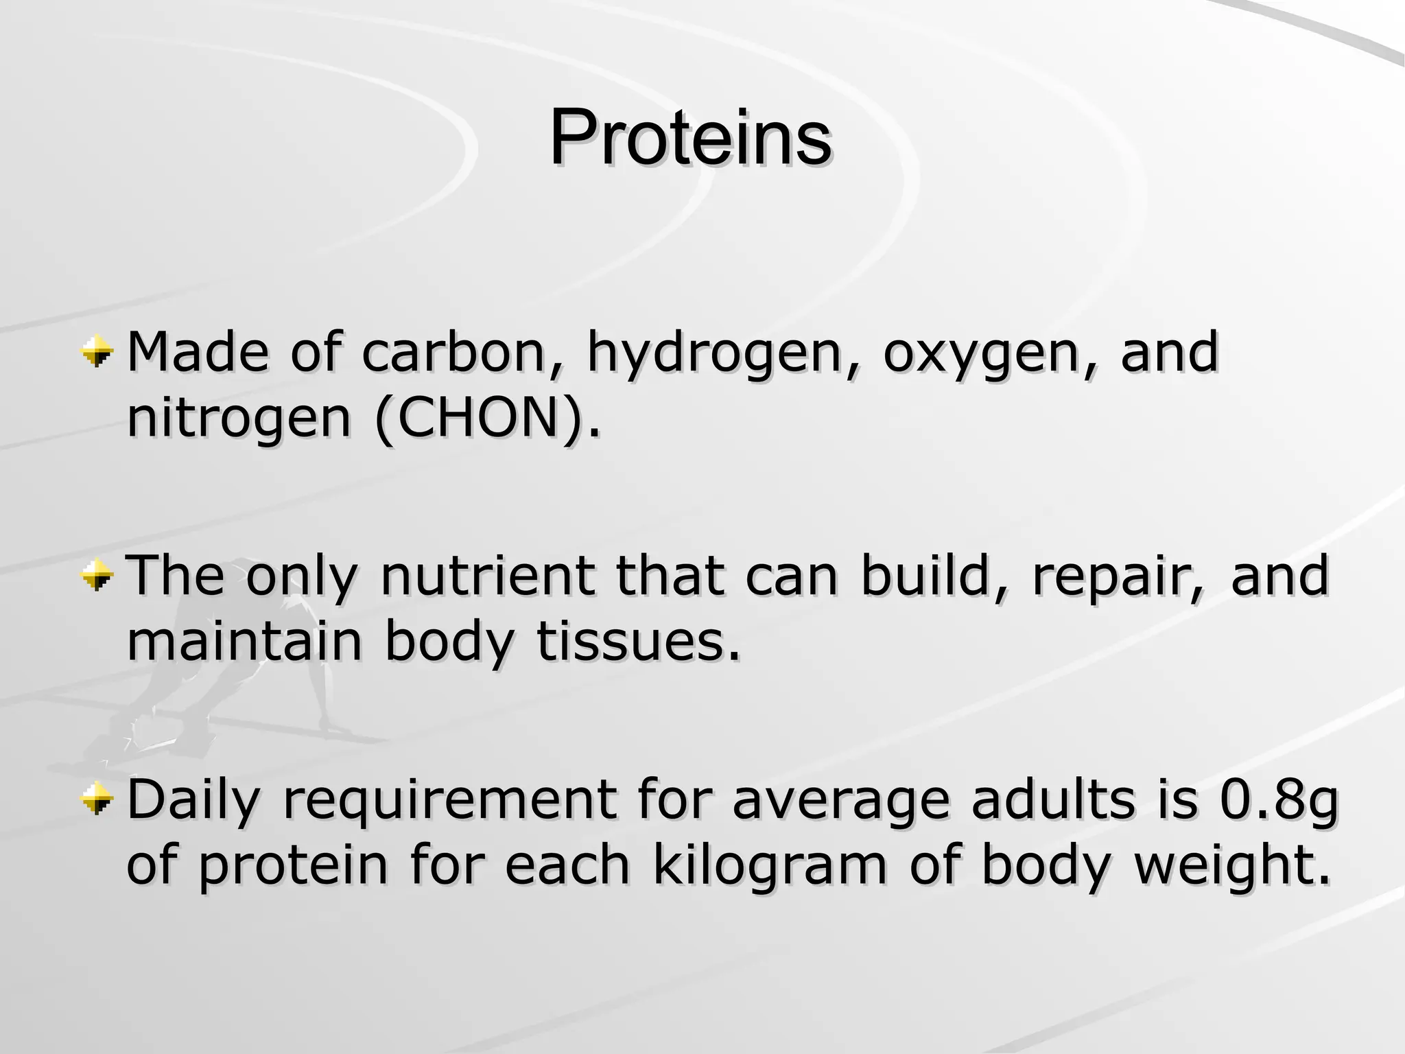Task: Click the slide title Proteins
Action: point(690,139)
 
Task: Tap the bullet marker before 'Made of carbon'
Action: point(96,352)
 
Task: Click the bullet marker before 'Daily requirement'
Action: point(96,798)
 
